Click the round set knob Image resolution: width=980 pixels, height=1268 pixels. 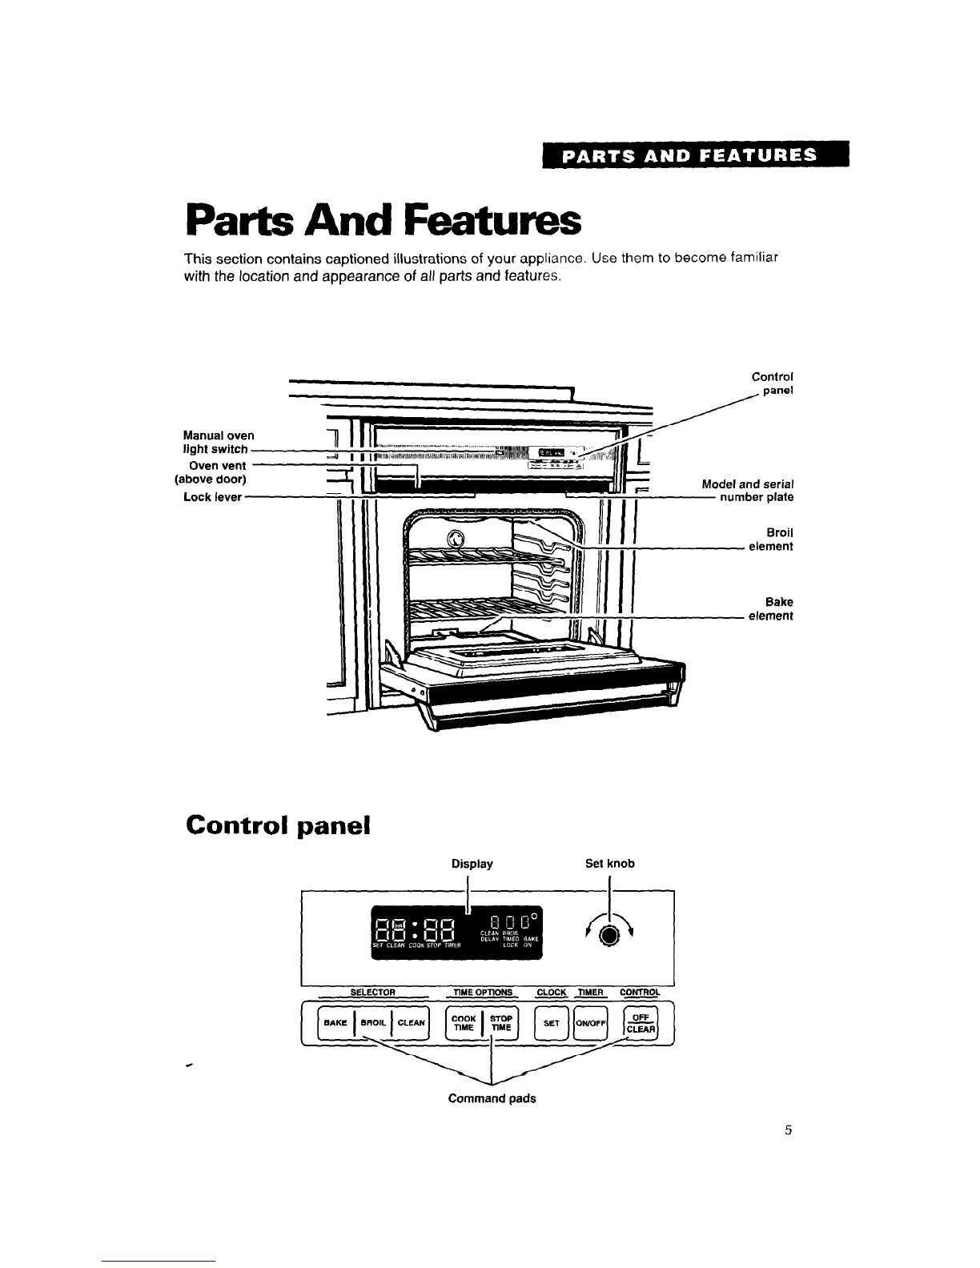point(610,936)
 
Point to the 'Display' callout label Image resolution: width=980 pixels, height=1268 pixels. point(472,864)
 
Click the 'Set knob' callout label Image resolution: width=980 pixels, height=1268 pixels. point(610,864)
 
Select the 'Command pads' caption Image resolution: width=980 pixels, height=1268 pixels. point(492,1099)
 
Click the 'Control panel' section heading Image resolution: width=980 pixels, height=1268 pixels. point(277,825)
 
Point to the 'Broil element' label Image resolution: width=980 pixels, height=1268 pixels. point(770,540)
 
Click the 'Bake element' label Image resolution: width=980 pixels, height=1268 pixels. point(770,609)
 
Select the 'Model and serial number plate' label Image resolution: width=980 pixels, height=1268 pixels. point(748,491)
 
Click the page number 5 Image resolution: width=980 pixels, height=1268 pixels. point(788,1131)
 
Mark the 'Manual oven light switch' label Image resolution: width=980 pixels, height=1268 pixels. point(217,442)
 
